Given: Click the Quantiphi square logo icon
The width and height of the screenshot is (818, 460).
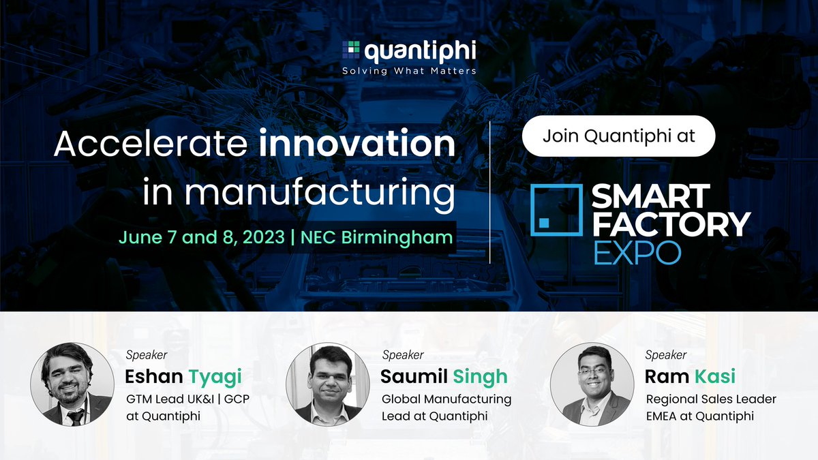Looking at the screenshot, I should (x=352, y=50).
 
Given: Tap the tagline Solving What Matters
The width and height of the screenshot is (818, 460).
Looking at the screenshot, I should (x=409, y=70).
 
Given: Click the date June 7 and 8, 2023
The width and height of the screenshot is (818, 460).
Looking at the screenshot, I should (x=200, y=237).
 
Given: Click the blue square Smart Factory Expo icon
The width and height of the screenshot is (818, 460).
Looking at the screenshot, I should (x=556, y=209).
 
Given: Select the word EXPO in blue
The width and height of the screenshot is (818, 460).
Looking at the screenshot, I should (x=637, y=251).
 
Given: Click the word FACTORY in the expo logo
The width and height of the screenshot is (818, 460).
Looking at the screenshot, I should (x=670, y=224).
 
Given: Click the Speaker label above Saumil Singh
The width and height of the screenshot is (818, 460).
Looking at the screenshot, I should (x=402, y=355).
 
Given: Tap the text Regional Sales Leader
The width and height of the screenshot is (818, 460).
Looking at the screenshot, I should (x=710, y=399).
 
